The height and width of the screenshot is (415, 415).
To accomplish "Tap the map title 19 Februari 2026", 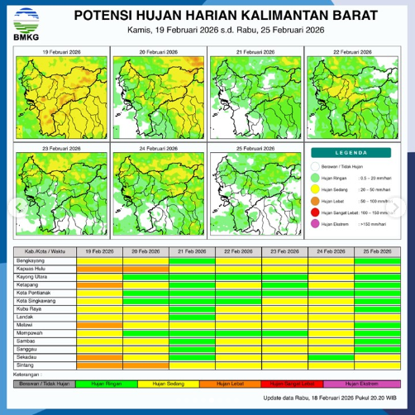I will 61,51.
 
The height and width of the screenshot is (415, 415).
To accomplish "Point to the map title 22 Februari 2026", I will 353,51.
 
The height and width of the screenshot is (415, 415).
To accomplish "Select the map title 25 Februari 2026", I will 255,148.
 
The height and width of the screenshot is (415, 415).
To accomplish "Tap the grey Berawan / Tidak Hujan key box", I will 42,384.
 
